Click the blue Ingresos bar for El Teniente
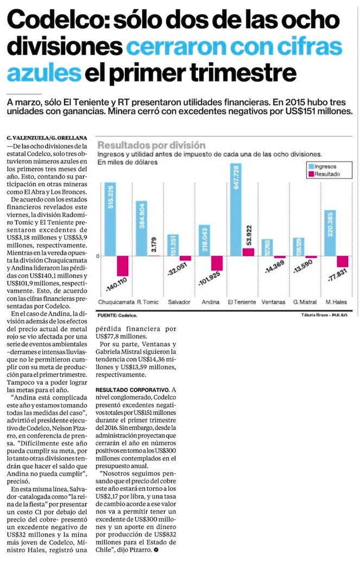(x=236, y=210)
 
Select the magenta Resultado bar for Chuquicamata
(x=123, y=266)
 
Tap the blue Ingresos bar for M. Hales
(x=330, y=233)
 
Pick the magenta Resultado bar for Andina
(x=217, y=263)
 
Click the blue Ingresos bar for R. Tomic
(x=141, y=228)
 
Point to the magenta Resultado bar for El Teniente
(x=248, y=252)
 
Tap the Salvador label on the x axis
(x=179, y=302)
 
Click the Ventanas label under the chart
(x=273, y=302)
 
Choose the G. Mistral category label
(x=305, y=302)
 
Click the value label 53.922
(x=249, y=236)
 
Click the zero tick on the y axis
(x=98, y=256)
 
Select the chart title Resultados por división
(x=151, y=145)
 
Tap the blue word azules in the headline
(x=44, y=73)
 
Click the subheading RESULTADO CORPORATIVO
(x=132, y=390)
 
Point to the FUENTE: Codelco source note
(x=117, y=315)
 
